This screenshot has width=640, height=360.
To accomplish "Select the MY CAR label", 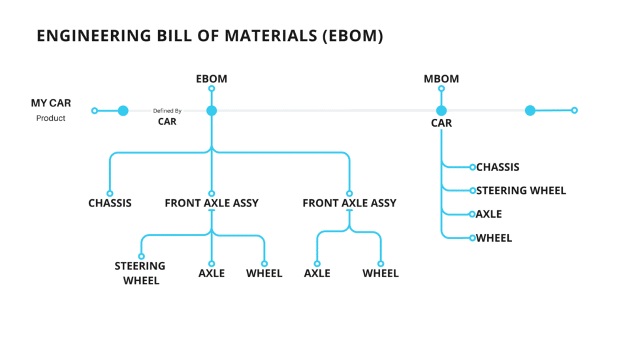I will point(51,103).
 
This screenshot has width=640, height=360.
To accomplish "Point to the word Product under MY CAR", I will point(51,118).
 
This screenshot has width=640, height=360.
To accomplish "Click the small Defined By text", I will point(167,111).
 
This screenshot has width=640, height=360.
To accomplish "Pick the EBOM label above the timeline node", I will point(212,79).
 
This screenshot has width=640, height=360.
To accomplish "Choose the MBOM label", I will point(441,79).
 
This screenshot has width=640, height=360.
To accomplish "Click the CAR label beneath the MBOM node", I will point(441,123).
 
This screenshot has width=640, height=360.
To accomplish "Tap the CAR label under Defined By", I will point(167,122).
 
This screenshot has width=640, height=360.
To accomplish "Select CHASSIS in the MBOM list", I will point(498,167).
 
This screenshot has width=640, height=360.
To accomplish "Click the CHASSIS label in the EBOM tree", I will point(110,203).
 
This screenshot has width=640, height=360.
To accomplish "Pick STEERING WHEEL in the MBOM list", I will point(520,191).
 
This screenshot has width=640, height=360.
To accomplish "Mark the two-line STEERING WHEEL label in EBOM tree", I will point(140,273).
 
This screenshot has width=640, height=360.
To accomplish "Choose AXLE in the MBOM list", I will point(488,214).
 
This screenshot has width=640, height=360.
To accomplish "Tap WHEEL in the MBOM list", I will point(494,238).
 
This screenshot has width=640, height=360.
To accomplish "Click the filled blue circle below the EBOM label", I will point(212,111).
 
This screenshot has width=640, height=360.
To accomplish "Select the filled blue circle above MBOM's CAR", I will point(441,111).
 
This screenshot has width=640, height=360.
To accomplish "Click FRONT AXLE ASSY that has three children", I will point(212,203).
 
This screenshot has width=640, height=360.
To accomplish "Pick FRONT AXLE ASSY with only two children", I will point(349,203).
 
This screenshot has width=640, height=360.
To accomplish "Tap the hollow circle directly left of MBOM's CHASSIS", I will point(472,167).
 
